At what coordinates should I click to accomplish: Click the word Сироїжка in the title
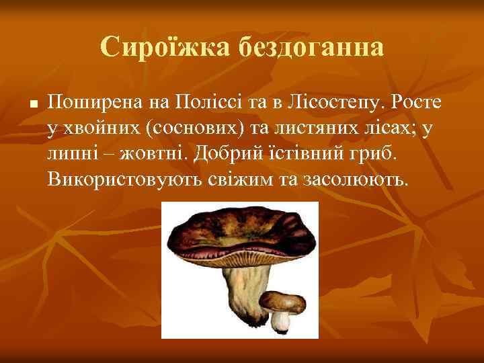pos(162,47)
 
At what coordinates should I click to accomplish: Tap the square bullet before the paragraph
pos(32,105)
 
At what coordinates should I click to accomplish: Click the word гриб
pos(376,153)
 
